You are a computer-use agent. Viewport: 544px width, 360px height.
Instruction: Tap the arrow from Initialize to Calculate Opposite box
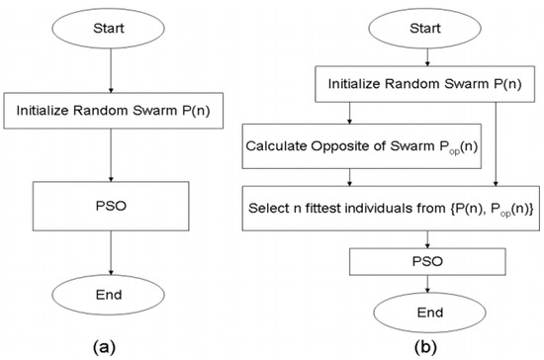coord(341,118)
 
